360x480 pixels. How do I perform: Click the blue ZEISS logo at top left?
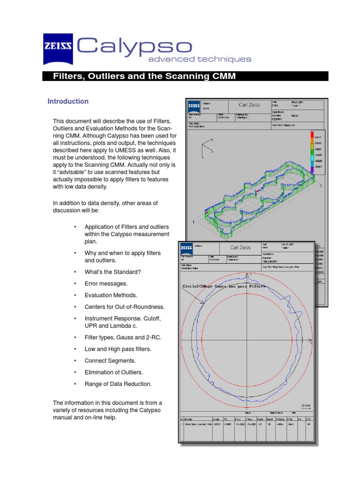click(x=58, y=49)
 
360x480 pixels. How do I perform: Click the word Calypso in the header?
click(x=135, y=46)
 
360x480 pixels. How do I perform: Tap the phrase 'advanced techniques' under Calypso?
click(x=200, y=60)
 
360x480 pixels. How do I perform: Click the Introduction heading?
click(x=68, y=101)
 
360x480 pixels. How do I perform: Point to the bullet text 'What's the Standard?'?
click(x=112, y=272)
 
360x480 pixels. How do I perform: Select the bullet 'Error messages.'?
click(x=106, y=284)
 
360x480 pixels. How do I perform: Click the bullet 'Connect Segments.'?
click(x=110, y=361)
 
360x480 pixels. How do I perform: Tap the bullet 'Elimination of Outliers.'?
click(x=114, y=373)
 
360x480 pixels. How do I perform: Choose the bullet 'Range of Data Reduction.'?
click(x=118, y=384)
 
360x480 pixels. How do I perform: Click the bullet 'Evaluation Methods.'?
click(x=111, y=295)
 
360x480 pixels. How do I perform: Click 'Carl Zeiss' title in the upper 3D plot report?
click(x=249, y=105)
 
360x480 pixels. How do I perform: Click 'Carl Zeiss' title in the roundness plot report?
click(x=240, y=247)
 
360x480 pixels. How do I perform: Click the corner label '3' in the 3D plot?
click(x=321, y=186)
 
